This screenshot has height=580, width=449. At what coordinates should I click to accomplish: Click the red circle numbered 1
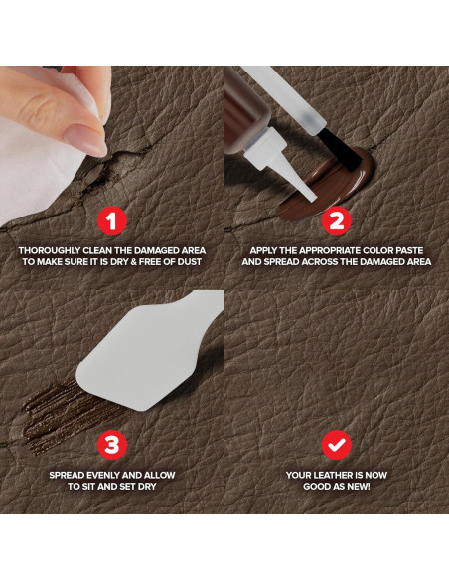click(112, 221)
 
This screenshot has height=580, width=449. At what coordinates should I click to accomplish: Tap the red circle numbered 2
click(336, 221)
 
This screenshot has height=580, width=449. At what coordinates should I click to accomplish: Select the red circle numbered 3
click(112, 445)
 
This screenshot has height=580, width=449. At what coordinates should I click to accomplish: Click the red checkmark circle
click(336, 445)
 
